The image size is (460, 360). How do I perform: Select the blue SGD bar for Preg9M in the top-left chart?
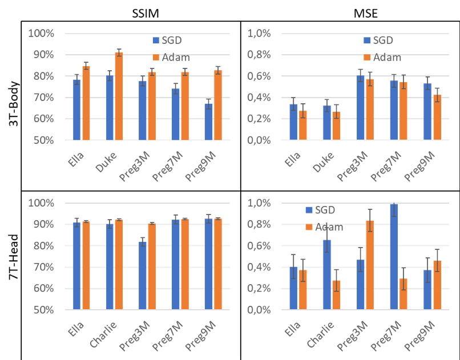(209, 122)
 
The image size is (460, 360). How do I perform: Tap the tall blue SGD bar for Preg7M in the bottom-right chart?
(394, 257)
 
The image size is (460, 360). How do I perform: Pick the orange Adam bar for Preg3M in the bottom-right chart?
(370, 265)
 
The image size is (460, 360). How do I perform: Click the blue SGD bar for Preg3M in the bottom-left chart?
(143, 276)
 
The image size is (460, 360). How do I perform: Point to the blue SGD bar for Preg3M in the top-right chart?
(360, 108)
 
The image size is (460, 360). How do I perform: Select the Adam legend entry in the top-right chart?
(382, 57)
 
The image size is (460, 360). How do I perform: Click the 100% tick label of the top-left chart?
(41, 33)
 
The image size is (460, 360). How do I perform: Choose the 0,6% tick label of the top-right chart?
(259, 76)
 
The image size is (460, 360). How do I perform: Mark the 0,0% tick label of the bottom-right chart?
(259, 310)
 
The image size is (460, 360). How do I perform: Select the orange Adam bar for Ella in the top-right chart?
(303, 126)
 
